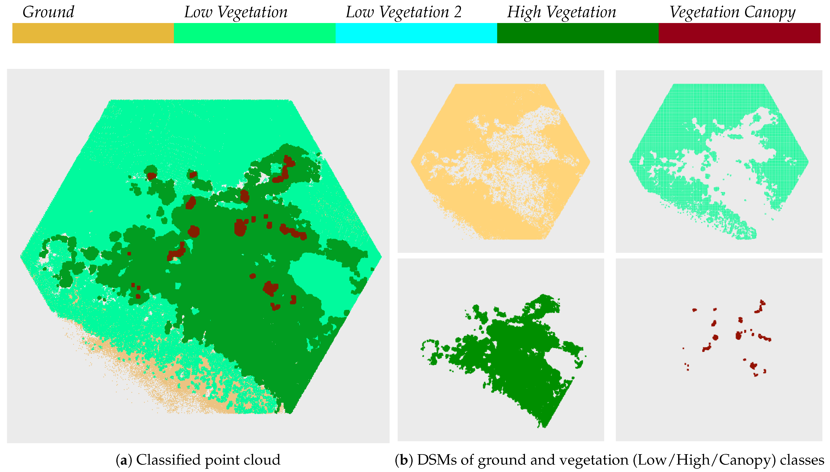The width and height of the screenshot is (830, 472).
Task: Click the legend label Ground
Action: point(48,12)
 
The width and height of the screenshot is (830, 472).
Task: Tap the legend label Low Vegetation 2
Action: point(403,12)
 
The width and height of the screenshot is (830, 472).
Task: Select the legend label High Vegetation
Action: point(561,12)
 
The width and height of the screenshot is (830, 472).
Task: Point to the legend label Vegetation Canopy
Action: point(732,12)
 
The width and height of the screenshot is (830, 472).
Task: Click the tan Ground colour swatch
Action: point(93,33)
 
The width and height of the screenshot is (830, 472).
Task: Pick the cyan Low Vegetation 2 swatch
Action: point(416,33)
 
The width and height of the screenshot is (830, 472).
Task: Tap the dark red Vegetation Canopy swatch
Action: point(739,33)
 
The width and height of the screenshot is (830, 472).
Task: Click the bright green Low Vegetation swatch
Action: point(254,33)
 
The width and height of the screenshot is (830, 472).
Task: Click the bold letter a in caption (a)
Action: point(123,460)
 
